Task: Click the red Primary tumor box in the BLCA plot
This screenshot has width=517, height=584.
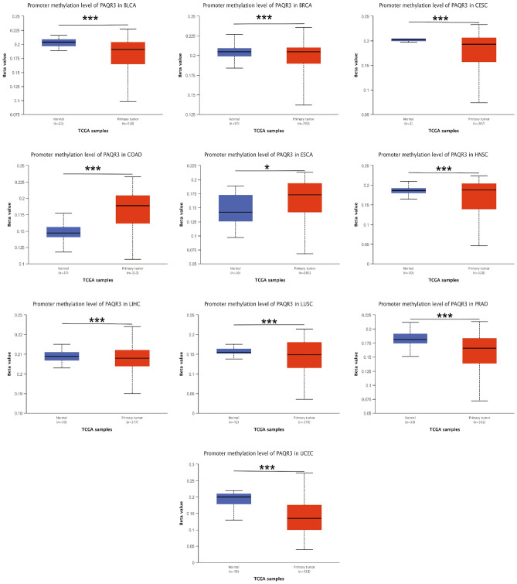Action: click(128, 53)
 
